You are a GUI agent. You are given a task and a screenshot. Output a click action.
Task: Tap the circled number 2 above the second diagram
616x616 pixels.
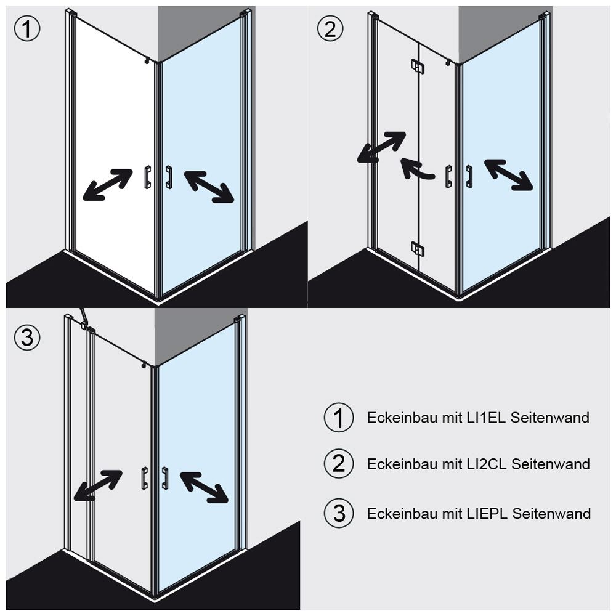coord(330,29)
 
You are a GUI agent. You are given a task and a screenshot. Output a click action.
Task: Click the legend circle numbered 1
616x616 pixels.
coord(339,418)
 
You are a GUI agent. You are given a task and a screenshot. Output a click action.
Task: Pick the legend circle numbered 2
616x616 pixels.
coord(339,464)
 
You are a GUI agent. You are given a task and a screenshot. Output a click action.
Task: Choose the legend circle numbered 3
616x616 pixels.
coord(339,513)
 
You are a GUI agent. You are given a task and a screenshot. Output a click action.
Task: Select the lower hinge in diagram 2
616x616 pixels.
coord(418,248)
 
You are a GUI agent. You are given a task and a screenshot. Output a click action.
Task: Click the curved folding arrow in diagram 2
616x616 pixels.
coord(415,168)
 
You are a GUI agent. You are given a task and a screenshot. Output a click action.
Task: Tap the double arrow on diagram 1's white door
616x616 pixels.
coord(108,185)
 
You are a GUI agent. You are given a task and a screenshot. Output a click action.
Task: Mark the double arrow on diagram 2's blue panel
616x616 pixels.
coord(509,175)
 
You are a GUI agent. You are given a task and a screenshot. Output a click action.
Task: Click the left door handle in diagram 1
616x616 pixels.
coord(147,177)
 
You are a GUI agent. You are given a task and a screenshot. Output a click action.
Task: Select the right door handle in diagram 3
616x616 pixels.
coord(165,477)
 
